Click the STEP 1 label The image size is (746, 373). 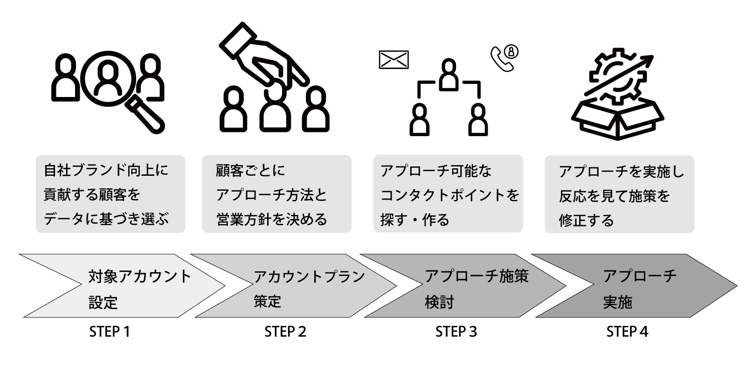[109, 332]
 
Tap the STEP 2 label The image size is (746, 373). [285, 332]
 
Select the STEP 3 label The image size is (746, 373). [456, 332]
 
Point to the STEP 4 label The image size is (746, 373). [627, 332]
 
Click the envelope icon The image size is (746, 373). [394, 60]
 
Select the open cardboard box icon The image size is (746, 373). [617, 119]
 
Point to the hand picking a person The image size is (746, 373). [261, 56]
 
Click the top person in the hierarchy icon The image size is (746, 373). [449, 75]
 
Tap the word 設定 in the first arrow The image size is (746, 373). [103, 303]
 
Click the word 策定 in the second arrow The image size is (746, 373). [268, 301]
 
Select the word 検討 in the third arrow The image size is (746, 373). [439, 302]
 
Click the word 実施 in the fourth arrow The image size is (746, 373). [617, 302]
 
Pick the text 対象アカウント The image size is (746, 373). [140, 276]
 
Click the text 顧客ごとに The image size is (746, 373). [250, 171]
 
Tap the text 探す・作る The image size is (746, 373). [414, 220]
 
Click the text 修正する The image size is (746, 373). [586, 220]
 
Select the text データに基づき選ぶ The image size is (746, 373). [106, 219]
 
